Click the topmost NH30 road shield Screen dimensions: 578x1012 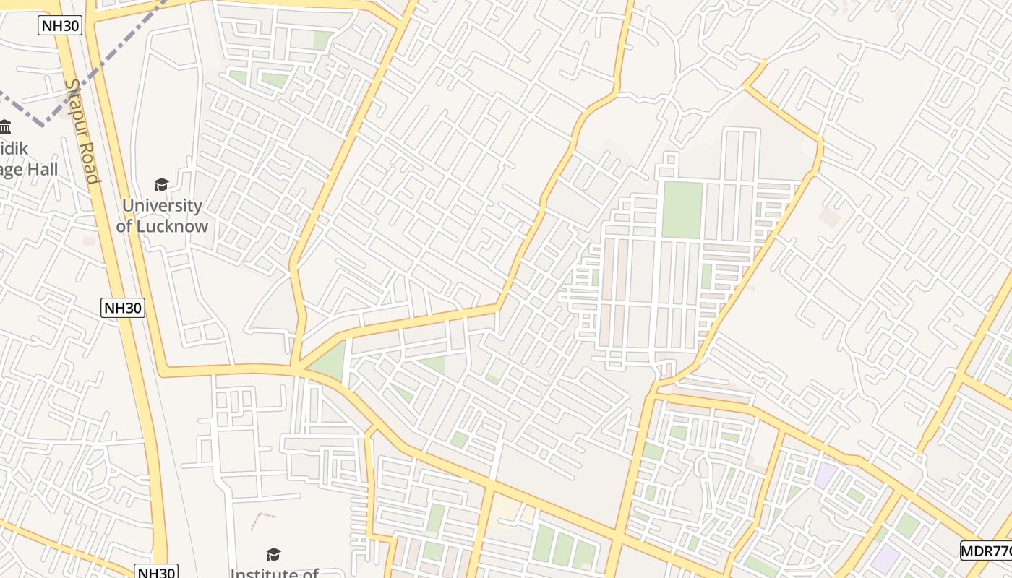[60, 26]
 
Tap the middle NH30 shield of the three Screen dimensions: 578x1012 [123, 308]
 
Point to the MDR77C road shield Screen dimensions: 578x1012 [987, 551]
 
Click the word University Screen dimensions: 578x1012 [162, 205]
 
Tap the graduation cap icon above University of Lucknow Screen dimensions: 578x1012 [161, 185]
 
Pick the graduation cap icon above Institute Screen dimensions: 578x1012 [273, 554]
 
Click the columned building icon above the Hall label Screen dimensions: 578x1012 [5, 127]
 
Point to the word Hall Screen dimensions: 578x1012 [42, 170]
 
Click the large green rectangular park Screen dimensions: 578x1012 [682, 210]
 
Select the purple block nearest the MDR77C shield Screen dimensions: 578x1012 [885, 558]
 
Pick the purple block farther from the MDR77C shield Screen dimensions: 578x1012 [825, 475]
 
